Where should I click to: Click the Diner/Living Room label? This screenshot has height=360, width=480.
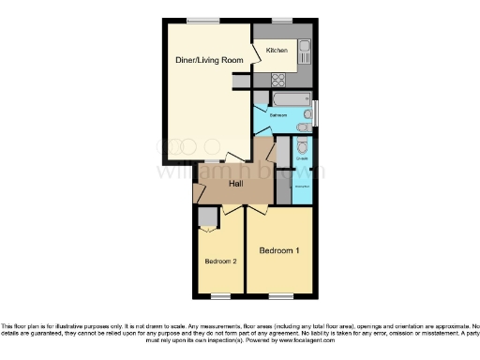point(209,60)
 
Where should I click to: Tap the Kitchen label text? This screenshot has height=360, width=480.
point(276,50)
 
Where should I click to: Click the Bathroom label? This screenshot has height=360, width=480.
point(279,115)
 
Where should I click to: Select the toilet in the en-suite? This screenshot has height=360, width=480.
point(300,147)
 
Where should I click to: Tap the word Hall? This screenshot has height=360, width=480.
point(237,184)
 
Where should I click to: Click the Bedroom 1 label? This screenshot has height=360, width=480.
point(279,250)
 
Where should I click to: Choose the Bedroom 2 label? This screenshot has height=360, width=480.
point(220,261)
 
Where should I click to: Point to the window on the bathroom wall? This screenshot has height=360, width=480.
point(315,112)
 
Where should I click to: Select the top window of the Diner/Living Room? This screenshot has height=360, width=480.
point(198,21)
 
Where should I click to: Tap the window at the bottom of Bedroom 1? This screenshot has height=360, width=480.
point(280,294)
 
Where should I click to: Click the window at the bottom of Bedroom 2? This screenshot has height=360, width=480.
point(220,294)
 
